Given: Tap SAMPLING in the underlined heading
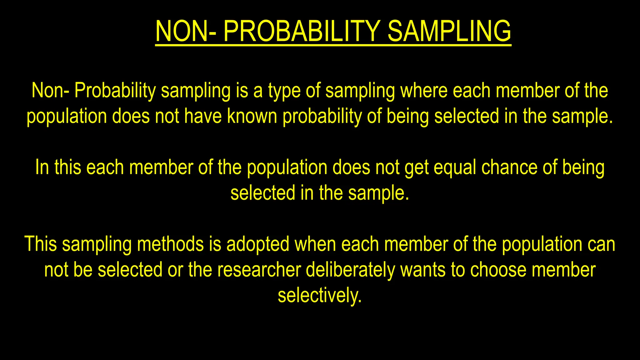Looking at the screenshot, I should coord(449,31).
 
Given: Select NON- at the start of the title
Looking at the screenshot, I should coord(186,31).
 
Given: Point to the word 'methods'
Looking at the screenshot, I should coord(170,244).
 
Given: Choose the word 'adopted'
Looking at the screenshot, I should coord(258,245).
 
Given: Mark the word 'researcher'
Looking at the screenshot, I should coord(259,270).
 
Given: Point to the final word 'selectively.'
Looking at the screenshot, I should coord(320,296).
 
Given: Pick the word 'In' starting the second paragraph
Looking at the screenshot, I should coord(42,167).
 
